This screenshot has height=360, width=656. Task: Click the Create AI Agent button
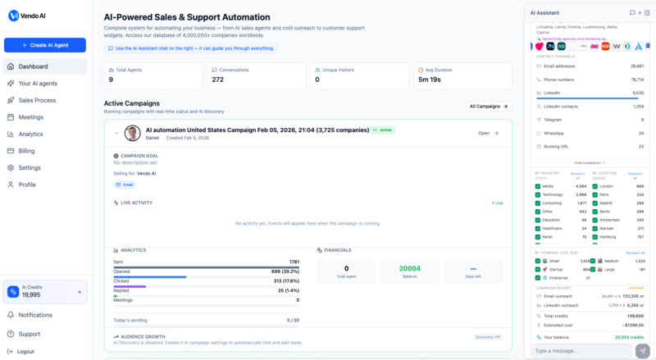click(x=44, y=45)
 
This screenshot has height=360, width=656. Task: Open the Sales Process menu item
click(x=37, y=100)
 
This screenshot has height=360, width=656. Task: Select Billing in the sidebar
click(x=27, y=151)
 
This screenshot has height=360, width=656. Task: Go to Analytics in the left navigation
click(x=30, y=134)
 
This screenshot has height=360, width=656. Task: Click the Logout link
click(x=25, y=351)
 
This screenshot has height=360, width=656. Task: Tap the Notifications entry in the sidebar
click(x=35, y=315)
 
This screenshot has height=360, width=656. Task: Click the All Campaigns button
click(x=489, y=107)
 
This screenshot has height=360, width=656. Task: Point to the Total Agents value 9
click(x=112, y=80)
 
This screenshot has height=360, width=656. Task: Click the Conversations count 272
click(x=217, y=80)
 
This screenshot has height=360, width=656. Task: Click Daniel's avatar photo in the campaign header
click(x=132, y=133)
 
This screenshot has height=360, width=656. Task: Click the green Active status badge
click(x=383, y=130)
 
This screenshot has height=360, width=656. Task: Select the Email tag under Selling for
click(x=125, y=185)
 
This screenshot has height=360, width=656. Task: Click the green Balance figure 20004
click(x=409, y=268)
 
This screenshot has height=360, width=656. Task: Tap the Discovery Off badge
click(x=487, y=337)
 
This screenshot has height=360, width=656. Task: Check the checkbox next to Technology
click(x=538, y=194)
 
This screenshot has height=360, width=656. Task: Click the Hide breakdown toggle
click(x=590, y=162)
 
